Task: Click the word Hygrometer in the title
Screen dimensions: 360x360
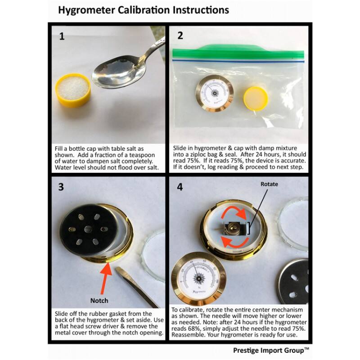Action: tap(86, 10)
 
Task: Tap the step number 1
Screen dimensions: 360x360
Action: tap(62, 36)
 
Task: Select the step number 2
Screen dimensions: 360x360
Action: tap(180, 36)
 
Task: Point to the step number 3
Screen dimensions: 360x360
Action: tap(61, 187)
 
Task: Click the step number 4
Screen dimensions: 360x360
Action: tap(180, 187)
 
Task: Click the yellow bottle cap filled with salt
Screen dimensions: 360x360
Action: tap(73, 90)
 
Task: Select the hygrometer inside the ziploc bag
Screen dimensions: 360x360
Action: tap(215, 93)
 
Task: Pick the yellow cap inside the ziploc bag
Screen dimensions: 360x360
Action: tap(256, 99)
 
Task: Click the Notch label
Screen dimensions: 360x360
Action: tap(99, 301)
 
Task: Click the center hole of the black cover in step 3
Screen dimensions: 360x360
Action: tap(88, 229)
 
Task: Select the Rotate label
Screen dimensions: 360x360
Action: tap(269, 184)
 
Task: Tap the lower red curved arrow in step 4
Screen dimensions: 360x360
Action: tap(234, 242)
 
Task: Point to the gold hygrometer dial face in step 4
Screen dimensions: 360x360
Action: tap(199, 279)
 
